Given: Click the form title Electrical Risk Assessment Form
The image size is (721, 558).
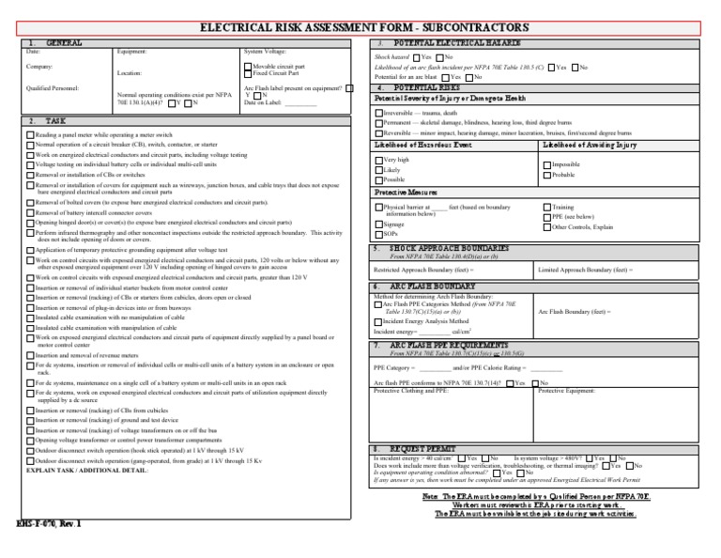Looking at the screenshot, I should [364, 28].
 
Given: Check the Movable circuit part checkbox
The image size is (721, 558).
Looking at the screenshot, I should [248, 67].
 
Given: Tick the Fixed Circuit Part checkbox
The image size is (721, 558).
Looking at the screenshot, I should [248, 73].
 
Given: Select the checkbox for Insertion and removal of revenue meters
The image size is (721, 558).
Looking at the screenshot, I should [30, 356].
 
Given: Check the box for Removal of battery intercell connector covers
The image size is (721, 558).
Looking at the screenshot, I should [30, 212].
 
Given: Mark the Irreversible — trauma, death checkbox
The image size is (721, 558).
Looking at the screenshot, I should [378, 113].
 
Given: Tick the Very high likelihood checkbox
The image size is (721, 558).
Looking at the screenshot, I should [378, 161].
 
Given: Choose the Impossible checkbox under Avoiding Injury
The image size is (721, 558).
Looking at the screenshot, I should [546, 164].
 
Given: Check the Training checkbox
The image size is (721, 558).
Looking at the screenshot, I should [546, 207].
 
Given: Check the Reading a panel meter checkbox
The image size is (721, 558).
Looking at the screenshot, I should [30, 135].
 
